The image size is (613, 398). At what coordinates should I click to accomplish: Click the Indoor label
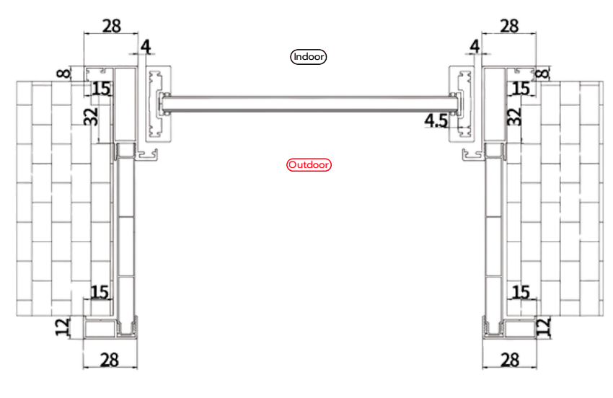[308, 57]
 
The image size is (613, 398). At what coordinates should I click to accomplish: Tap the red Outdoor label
[309, 164]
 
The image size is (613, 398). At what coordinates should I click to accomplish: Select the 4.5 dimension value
[436, 120]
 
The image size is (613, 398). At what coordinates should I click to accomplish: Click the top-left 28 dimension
[112, 26]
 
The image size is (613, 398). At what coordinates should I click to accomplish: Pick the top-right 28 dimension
[509, 26]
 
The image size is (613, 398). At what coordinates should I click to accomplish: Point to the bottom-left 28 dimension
[110, 360]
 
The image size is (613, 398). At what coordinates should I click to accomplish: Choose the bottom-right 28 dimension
[510, 360]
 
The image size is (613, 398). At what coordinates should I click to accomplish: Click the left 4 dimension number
[146, 47]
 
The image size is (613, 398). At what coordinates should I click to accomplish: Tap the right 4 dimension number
[475, 47]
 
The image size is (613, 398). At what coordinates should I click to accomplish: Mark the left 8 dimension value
[63, 73]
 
